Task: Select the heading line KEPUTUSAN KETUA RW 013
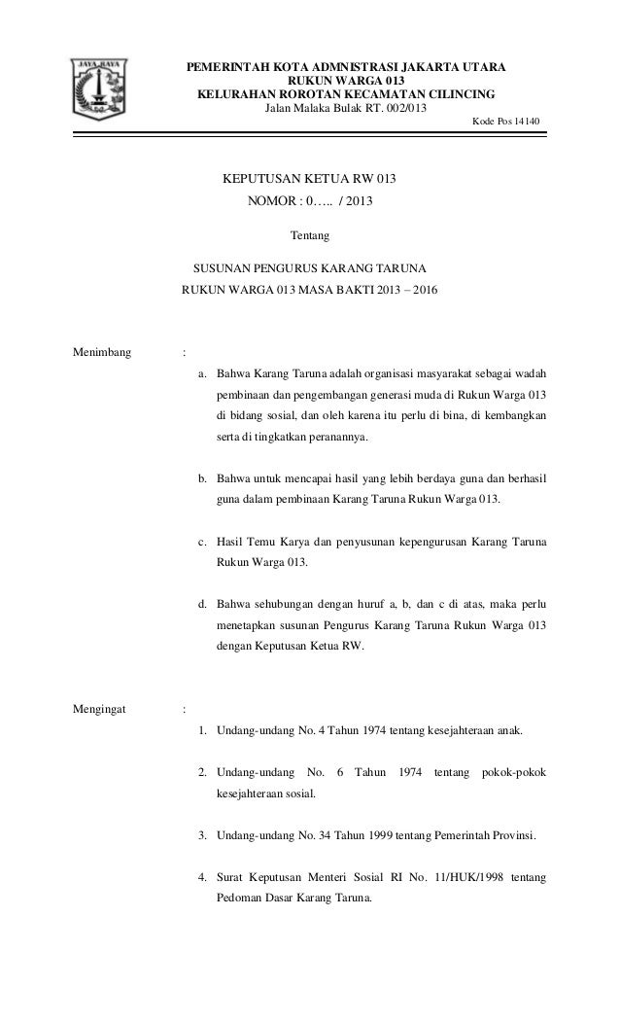click(x=311, y=181)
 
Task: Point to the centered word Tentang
click(x=310, y=235)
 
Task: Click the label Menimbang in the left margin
click(x=102, y=351)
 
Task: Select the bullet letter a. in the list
click(x=202, y=372)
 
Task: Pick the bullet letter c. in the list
click(x=202, y=541)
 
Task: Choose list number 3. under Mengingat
click(x=202, y=835)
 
